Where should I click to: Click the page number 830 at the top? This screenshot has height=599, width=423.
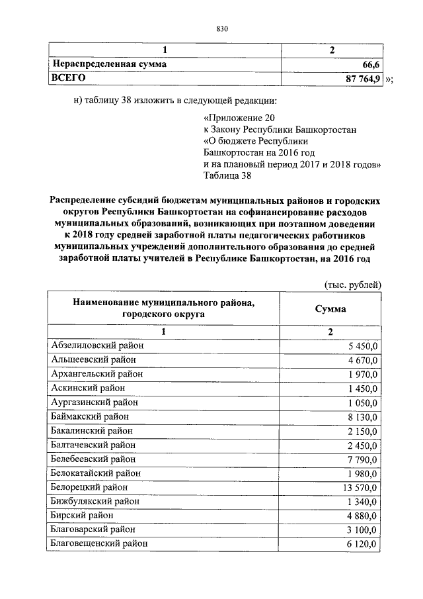(x=222, y=28)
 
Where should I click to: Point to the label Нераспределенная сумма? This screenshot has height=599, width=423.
(x=109, y=65)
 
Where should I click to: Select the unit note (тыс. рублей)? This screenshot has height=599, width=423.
(x=352, y=285)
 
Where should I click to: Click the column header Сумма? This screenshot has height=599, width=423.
(x=330, y=309)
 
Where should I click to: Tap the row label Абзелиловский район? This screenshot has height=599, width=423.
(x=97, y=345)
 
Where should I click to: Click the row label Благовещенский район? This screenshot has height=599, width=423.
(x=99, y=543)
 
